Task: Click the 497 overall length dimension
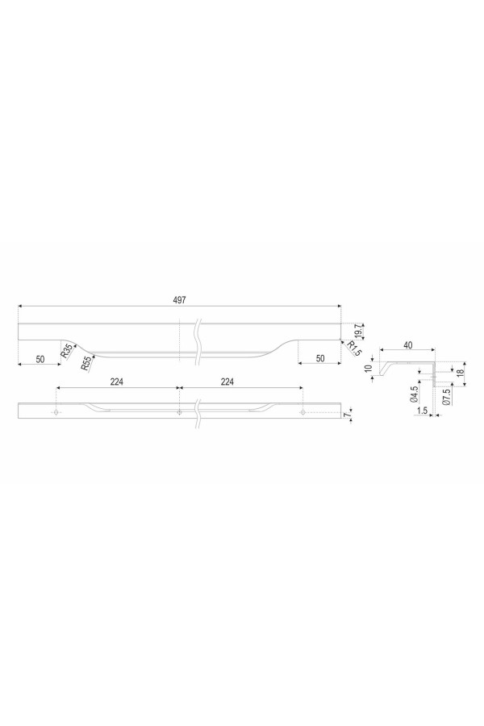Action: (179, 300)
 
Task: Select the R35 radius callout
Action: (67, 352)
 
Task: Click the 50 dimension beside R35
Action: (40, 359)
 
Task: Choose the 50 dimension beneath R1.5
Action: (320, 358)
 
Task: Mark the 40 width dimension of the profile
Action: (407, 345)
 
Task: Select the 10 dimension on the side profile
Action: (369, 369)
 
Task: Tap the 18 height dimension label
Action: (460, 373)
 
